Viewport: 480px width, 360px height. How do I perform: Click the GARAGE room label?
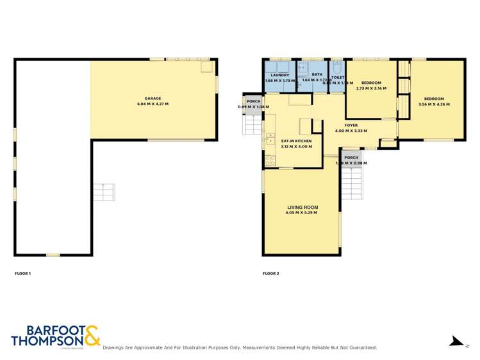click(x=152, y=99)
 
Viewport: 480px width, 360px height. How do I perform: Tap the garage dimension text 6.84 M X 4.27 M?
click(x=152, y=104)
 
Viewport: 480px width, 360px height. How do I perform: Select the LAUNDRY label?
click(x=279, y=76)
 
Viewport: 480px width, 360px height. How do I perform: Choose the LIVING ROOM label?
click(x=302, y=208)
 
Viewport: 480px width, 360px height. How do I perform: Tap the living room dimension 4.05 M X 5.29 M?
click(x=302, y=213)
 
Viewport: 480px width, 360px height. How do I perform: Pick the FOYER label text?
click(x=351, y=126)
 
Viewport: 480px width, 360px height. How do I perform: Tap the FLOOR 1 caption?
click(x=22, y=274)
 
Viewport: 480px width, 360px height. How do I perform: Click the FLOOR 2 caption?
click(x=270, y=274)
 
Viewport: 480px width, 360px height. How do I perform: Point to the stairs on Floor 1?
click(x=103, y=192)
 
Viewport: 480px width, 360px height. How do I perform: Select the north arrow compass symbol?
click(x=456, y=341)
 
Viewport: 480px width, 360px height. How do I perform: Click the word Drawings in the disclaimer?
click(x=115, y=347)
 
